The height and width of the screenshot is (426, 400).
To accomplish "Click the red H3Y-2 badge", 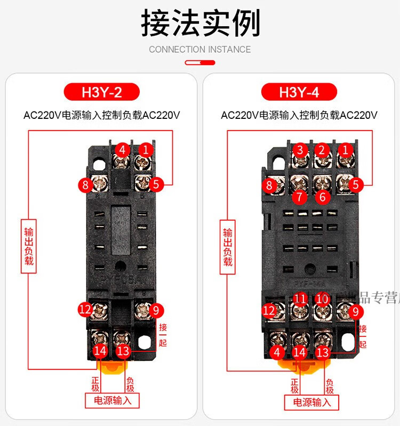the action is tap(101, 92).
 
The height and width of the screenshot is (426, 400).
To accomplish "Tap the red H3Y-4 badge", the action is tap(299, 92).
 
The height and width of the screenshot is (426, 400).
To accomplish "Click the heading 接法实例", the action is tap(200, 23).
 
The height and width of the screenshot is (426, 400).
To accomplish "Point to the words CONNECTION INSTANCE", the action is tap(200, 50).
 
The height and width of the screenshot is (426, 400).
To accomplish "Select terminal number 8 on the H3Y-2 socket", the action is tap(85, 185).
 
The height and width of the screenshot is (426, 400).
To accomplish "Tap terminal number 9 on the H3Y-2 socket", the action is tap(155, 309).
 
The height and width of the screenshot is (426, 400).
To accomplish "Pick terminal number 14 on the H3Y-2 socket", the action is tap(100, 350).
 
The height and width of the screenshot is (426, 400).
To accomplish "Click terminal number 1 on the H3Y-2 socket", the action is tap(145, 150).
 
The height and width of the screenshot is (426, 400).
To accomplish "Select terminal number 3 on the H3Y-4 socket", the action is tap(300, 150).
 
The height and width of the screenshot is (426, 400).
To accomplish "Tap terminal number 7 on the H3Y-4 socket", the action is tap(300, 197).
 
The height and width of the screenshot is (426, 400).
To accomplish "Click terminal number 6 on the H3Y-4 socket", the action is tap(322, 197).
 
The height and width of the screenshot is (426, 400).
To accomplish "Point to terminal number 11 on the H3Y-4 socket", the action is tap(300, 299).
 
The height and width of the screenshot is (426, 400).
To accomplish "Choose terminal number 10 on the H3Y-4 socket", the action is tap(322, 299).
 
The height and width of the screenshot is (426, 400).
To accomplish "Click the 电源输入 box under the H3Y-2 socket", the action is tap(113, 400).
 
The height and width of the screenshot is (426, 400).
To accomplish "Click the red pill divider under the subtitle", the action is tap(200, 62).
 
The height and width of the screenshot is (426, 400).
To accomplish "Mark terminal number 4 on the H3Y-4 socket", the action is tap(276, 352).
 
